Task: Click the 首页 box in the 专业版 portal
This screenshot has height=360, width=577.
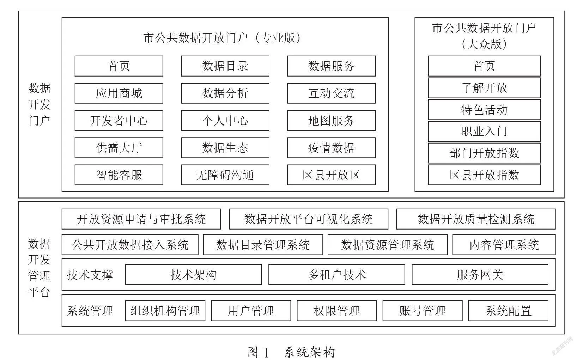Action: [119, 66]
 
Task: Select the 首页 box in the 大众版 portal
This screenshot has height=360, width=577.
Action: [484, 66]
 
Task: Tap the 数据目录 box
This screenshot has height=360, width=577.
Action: [225, 66]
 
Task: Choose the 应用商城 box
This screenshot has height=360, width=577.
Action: [119, 93]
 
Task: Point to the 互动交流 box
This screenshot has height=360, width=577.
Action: [331, 93]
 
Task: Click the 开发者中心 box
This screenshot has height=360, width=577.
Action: [119, 121]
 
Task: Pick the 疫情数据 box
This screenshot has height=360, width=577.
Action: [331, 147]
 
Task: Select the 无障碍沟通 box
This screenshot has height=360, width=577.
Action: [225, 175]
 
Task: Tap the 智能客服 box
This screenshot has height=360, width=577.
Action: [119, 175]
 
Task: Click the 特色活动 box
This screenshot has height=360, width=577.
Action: [484, 110]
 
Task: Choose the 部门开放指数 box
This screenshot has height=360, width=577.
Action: [484, 153]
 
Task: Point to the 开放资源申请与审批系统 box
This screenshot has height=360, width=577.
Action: [141, 219]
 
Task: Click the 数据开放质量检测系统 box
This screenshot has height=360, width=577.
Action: [476, 219]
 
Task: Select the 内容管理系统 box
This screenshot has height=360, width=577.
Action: [504, 245]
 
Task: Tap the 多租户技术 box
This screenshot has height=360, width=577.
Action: [337, 275]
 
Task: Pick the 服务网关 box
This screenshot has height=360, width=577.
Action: [480, 275]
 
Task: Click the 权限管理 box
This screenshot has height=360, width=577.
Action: [337, 311]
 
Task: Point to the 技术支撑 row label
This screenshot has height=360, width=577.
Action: [90, 275]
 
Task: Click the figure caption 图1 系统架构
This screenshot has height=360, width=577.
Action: [291, 352]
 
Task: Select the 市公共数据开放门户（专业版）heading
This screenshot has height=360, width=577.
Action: [222, 38]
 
